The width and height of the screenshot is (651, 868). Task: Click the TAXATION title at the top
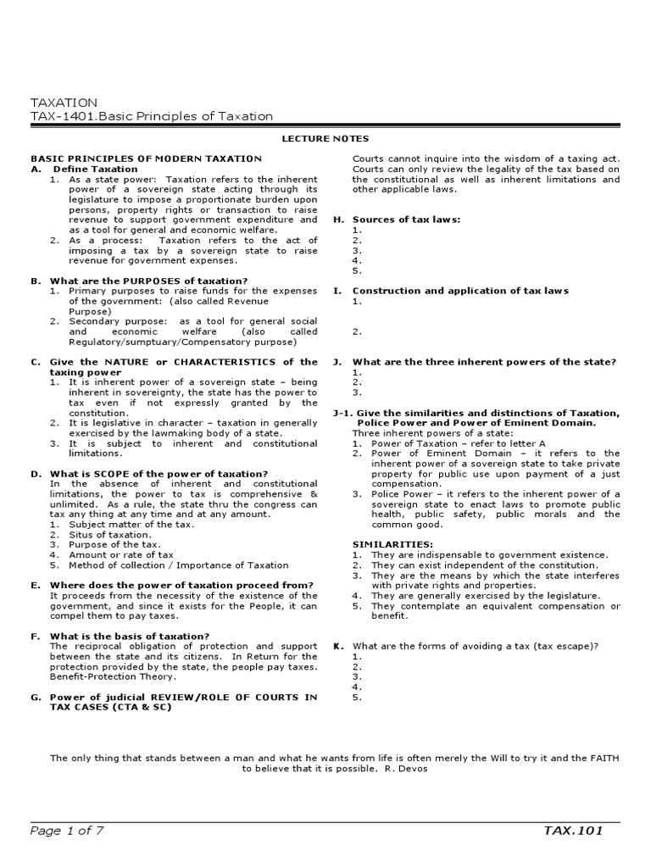[64, 103]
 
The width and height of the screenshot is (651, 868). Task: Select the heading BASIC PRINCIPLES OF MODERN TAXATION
[146, 159]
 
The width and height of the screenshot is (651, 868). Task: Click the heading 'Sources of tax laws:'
[406, 220]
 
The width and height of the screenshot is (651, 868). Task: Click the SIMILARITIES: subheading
[392, 544]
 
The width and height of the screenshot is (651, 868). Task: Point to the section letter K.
[337, 646]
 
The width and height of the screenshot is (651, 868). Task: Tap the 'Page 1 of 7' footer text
[67, 830]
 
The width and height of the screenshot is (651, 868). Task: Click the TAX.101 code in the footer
[573, 830]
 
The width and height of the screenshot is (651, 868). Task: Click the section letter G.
[36, 697]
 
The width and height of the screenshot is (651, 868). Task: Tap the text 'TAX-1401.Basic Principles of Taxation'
[152, 116]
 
